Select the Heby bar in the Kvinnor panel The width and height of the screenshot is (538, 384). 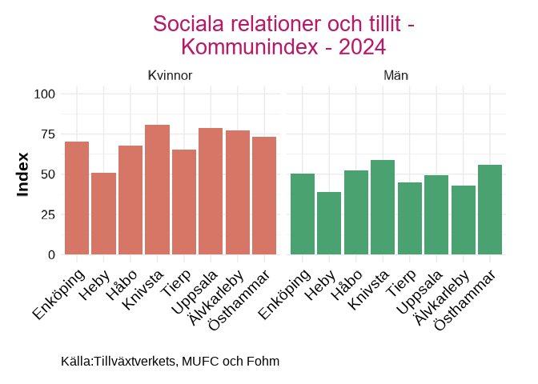click(x=103, y=214)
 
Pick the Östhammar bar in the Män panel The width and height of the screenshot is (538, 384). click(x=489, y=210)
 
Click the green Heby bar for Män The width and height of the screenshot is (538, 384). click(x=329, y=223)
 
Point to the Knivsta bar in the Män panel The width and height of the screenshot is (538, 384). click(x=383, y=207)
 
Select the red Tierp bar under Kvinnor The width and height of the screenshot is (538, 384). click(x=184, y=202)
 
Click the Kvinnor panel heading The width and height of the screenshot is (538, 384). click(x=170, y=75)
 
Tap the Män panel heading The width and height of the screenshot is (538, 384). click(x=396, y=75)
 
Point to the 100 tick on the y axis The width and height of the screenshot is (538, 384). click(x=44, y=94)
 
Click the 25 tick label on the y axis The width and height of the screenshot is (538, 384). click(x=47, y=214)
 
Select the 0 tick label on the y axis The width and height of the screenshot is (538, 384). click(x=51, y=254)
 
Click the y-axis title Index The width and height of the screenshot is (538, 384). click(x=23, y=174)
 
